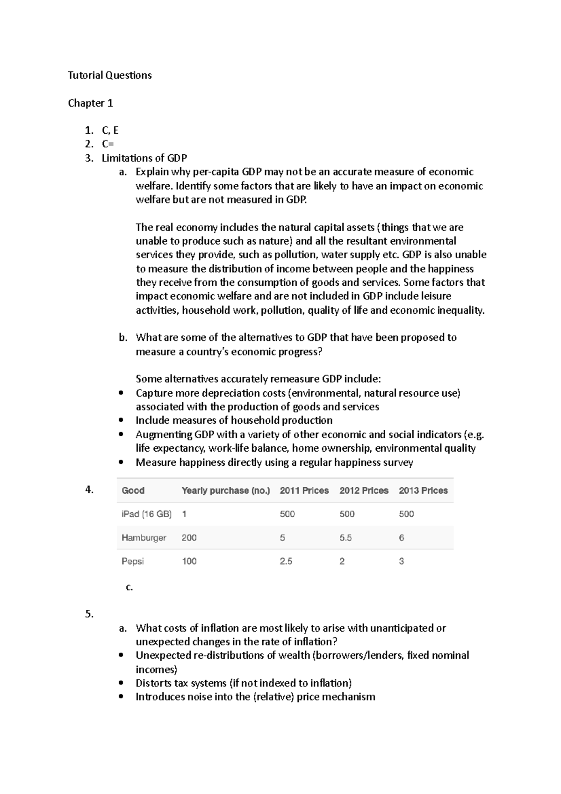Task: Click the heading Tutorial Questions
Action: click(x=109, y=75)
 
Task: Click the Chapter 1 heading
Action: click(x=90, y=103)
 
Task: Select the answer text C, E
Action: click(x=110, y=130)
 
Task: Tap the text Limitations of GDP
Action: click(x=144, y=158)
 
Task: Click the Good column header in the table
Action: click(x=133, y=491)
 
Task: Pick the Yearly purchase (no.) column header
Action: click(x=225, y=491)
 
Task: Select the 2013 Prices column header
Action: click(x=423, y=491)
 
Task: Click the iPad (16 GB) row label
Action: click(x=146, y=514)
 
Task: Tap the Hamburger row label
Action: click(x=144, y=538)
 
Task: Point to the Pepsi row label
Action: click(x=132, y=561)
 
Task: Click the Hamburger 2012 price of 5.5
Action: click(x=345, y=538)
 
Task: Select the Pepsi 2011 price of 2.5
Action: click(x=286, y=561)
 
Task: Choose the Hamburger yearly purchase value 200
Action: click(x=189, y=538)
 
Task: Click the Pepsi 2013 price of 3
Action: click(x=401, y=561)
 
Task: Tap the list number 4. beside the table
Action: click(x=89, y=490)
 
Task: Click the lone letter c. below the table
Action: click(x=129, y=587)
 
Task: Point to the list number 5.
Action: click(x=89, y=614)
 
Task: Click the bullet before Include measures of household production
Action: click(x=122, y=420)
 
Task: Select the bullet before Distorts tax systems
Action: click(x=122, y=683)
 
